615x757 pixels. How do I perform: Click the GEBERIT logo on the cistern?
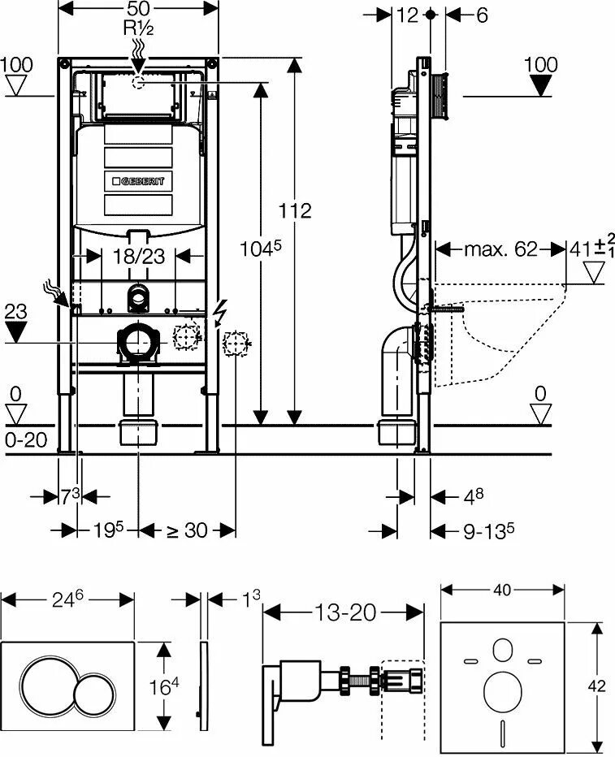137,180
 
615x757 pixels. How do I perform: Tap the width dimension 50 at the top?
139,8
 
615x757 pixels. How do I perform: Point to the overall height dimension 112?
294,211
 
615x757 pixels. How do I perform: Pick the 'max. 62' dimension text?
500,249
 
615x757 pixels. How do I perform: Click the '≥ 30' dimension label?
187,530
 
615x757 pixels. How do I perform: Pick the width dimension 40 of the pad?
503,590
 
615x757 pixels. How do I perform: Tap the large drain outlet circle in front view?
138,342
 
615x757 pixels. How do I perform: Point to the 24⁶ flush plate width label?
68,599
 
